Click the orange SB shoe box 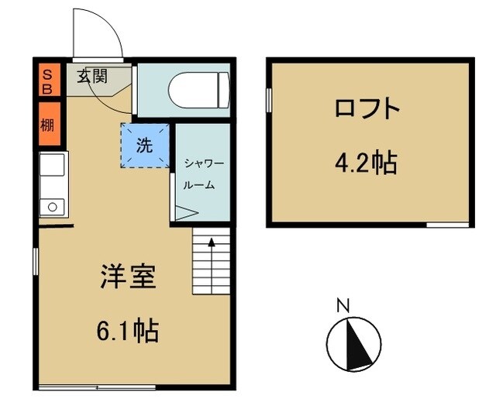[x=48, y=81]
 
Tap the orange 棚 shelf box [x=48, y=124]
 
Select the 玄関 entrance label [x=92, y=77]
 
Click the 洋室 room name [x=129, y=277]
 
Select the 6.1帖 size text [x=129, y=332]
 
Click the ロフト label [x=367, y=109]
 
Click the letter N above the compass [x=341, y=304]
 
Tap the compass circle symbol [x=354, y=341]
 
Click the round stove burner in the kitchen [x=53, y=207]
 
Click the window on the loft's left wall [x=269, y=101]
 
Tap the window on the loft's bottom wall [x=447, y=225]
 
